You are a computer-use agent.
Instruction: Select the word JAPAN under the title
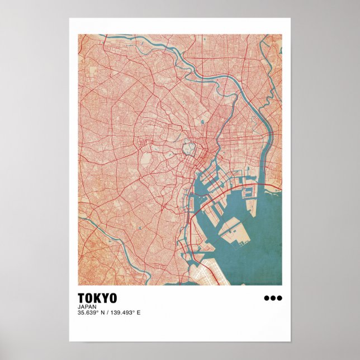click(87, 306)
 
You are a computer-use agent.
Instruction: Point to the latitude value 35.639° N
click(92, 312)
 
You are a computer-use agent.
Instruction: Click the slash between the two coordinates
click(108, 312)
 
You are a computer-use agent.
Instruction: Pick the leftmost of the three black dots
click(267, 298)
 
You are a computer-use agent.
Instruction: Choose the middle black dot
click(273, 298)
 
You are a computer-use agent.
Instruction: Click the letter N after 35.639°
click(103, 312)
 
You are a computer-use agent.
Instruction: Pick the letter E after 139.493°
click(139, 312)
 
